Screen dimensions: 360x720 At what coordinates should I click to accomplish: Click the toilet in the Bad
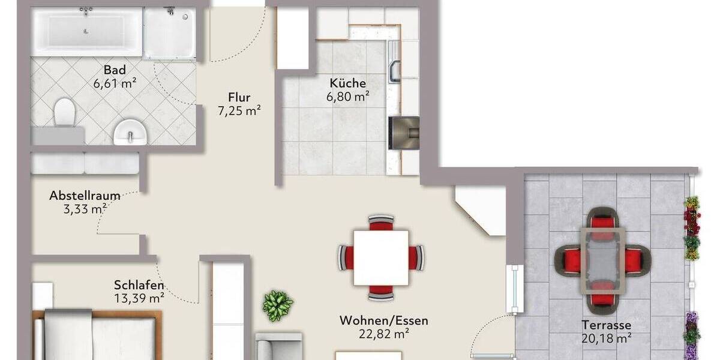click(x=64, y=112)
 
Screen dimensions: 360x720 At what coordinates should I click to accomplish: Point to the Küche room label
click(x=347, y=83)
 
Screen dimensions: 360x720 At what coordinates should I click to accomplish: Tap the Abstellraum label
click(x=85, y=196)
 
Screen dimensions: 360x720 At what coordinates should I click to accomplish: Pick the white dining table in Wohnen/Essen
click(x=381, y=257)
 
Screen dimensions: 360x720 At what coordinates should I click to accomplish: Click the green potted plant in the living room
click(x=278, y=305)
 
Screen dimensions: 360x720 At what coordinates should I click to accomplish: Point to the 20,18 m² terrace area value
click(x=606, y=338)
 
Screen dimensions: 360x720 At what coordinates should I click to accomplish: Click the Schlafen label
click(x=139, y=285)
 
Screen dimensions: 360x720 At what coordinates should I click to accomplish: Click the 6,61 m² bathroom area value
click(x=114, y=83)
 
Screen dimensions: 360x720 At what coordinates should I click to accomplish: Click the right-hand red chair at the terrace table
click(x=635, y=260)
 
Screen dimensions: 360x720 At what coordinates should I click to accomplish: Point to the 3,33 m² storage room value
click(x=85, y=209)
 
